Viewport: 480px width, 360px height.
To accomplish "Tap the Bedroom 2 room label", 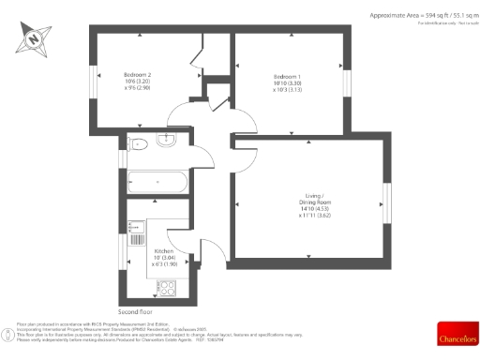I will click(137, 75).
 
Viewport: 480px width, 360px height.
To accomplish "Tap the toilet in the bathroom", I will click(138, 142).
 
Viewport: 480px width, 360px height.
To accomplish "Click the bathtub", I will click(156, 180).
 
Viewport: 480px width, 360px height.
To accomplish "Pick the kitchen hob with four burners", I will click(168, 288).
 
